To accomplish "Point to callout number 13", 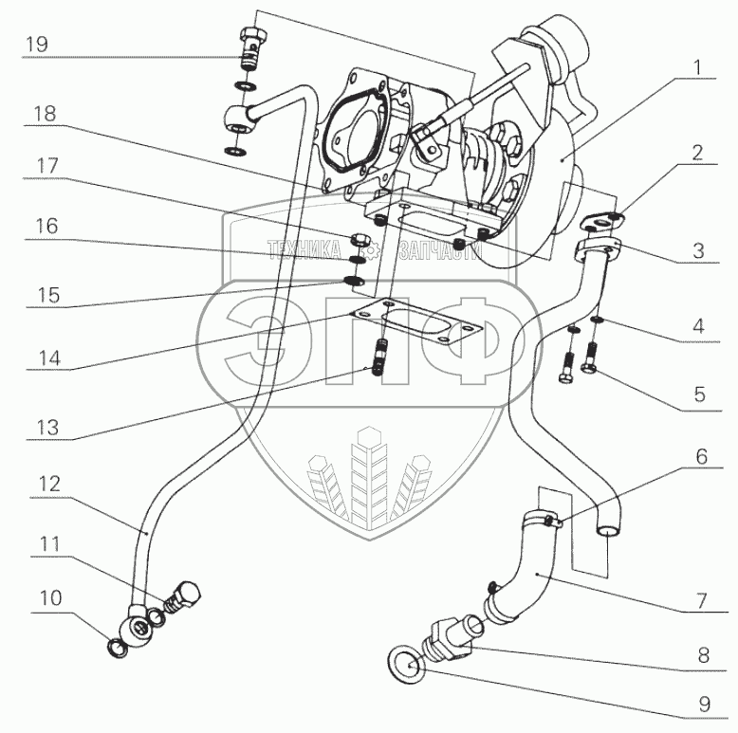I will tap(48, 428).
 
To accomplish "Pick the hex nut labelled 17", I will tap(360, 242).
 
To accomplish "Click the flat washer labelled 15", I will tap(354, 282).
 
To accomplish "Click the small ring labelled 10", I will tap(116, 649).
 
